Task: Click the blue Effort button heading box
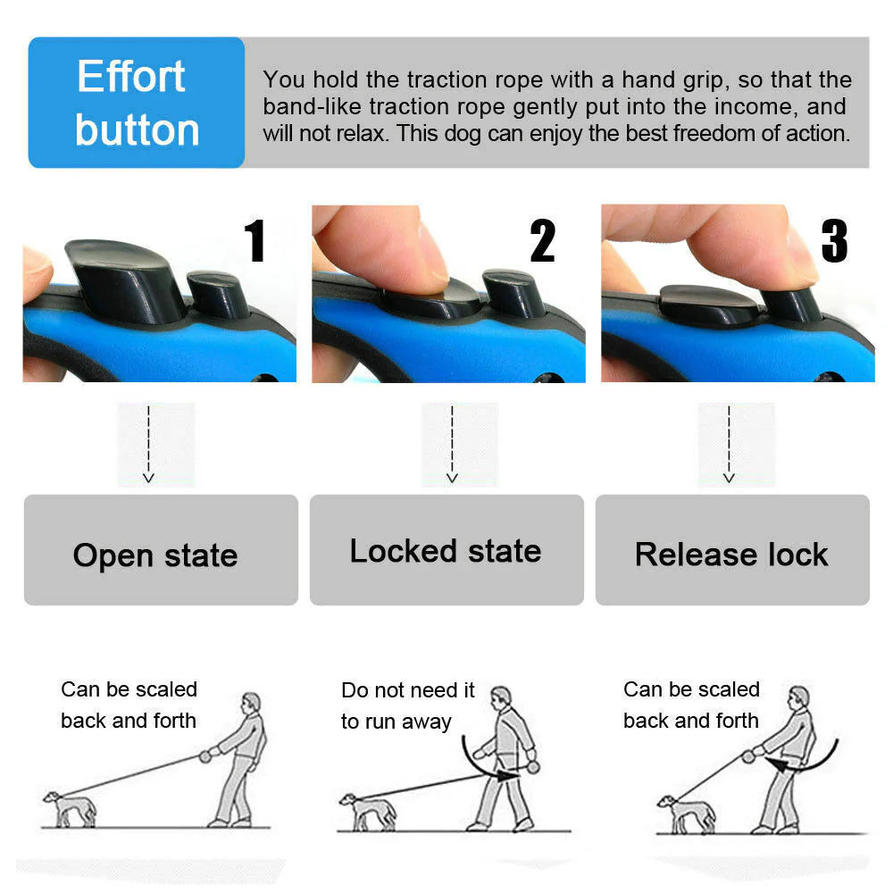[137, 103]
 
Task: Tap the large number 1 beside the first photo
[255, 241]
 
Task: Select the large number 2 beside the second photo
[542, 241]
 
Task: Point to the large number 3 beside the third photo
[834, 241]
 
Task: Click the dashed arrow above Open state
[148, 444]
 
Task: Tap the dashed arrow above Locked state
[452, 444]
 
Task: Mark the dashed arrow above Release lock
[729, 444]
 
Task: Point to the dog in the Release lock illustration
[685, 813]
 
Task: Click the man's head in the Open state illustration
[252, 703]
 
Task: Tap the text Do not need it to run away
[407, 705]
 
